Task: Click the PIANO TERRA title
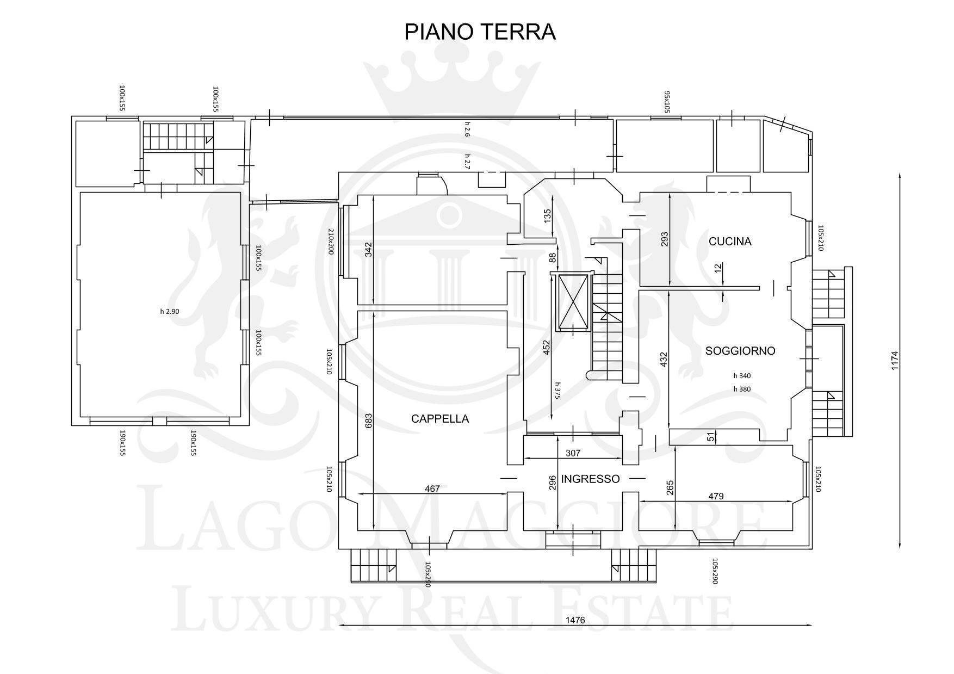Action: [x=480, y=32]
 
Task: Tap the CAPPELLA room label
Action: [x=440, y=419]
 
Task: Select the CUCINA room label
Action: [x=730, y=242]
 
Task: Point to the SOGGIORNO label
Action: [x=740, y=351]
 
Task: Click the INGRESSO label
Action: [x=590, y=479]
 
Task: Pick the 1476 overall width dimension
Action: [x=575, y=620]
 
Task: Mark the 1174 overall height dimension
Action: [x=895, y=361]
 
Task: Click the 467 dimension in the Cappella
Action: [x=432, y=489]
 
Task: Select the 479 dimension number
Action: [x=716, y=496]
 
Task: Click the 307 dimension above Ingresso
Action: [x=573, y=453]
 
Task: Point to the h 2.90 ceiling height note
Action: [x=170, y=312]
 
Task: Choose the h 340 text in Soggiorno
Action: [x=742, y=375]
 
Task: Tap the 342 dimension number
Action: [x=368, y=249]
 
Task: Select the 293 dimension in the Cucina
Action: [x=664, y=240]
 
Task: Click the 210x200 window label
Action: [x=330, y=242]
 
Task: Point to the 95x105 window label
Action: [x=666, y=102]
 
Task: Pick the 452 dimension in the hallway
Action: [x=547, y=348]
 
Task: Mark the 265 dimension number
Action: [x=670, y=487]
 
